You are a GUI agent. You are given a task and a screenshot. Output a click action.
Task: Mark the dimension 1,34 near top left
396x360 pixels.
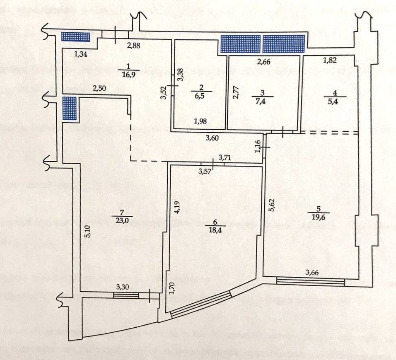pyautogui.click(x=81, y=53)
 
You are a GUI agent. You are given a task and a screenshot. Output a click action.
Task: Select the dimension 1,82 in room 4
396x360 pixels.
pyautogui.click(x=330, y=60)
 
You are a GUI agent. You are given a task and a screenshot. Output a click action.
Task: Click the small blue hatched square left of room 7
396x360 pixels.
pyautogui.click(x=70, y=108)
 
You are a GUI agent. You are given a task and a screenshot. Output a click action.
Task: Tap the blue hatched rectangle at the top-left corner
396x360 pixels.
pyautogui.click(x=75, y=36)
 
